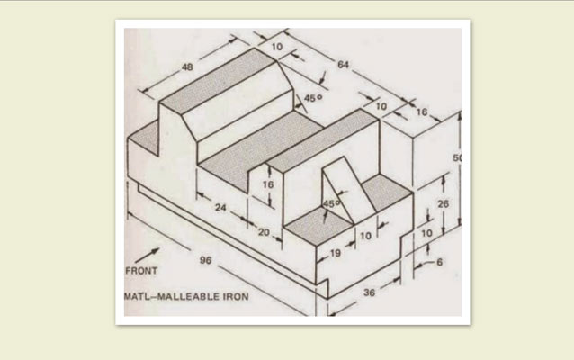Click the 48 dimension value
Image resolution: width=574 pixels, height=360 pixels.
187,67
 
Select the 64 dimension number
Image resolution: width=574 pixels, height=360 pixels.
343,65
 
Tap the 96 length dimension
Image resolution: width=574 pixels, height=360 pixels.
206,260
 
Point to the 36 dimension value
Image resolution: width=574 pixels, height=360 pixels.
369,292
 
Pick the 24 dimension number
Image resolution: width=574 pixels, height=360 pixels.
220,208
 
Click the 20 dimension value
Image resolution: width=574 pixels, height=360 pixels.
264,232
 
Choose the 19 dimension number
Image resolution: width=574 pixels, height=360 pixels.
336,253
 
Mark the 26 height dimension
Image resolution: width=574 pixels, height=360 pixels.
443,203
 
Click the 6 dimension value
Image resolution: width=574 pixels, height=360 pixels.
439,262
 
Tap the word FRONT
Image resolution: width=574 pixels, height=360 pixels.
141,271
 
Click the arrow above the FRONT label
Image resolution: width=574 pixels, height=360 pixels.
148,256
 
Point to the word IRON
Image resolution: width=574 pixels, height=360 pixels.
236,296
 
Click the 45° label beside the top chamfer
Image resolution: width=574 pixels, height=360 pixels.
313,98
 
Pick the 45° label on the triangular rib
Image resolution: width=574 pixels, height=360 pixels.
331,203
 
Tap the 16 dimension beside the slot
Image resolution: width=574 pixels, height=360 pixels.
268,184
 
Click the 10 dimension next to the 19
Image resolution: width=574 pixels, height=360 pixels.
365,236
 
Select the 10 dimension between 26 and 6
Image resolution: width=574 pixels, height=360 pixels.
426,233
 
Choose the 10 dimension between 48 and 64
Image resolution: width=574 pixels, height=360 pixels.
277,47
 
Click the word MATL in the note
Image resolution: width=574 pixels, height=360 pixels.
138,296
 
